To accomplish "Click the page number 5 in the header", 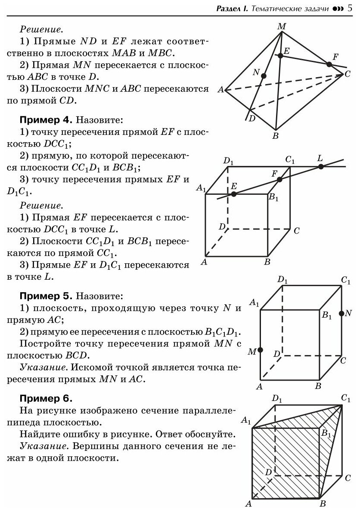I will [350, 8].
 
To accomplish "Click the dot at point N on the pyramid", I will [264, 75].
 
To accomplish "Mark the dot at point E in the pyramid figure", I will [280, 55].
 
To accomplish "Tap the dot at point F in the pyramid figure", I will [329, 64].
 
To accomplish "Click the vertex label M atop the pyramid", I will [282, 27].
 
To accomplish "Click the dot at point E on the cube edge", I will [233, 194].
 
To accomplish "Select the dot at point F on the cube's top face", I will [279, 179].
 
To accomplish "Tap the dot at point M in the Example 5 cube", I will [260, 350].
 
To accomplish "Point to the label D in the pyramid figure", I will [252, 119].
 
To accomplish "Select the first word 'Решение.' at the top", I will [41, 30].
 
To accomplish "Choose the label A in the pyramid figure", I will [220, 90].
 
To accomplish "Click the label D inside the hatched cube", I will [268, 472].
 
